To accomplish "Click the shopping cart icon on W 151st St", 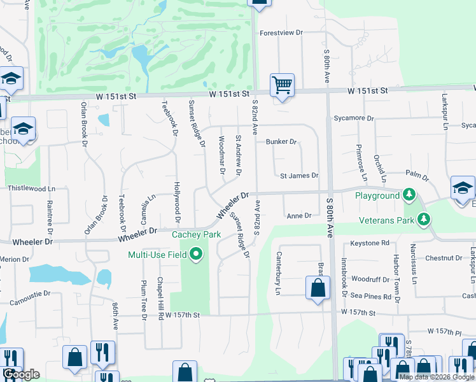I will point(282,85).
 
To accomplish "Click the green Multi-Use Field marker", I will point(196,255).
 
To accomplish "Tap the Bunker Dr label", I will point(281,141).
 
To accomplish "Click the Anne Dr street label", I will point(298,216).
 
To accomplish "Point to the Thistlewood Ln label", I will point(31,189).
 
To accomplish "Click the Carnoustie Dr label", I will point(24,295).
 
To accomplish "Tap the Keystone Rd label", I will point(370,243).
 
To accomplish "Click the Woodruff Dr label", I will point(370,279).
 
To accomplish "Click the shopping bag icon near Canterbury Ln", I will point(318,288).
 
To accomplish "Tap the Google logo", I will point(20,374).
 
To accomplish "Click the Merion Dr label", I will point(11,259).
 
